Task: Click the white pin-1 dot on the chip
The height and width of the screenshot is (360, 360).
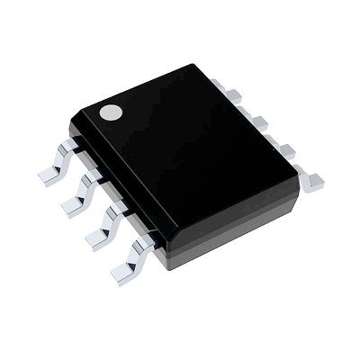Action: (x=110, y=112)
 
